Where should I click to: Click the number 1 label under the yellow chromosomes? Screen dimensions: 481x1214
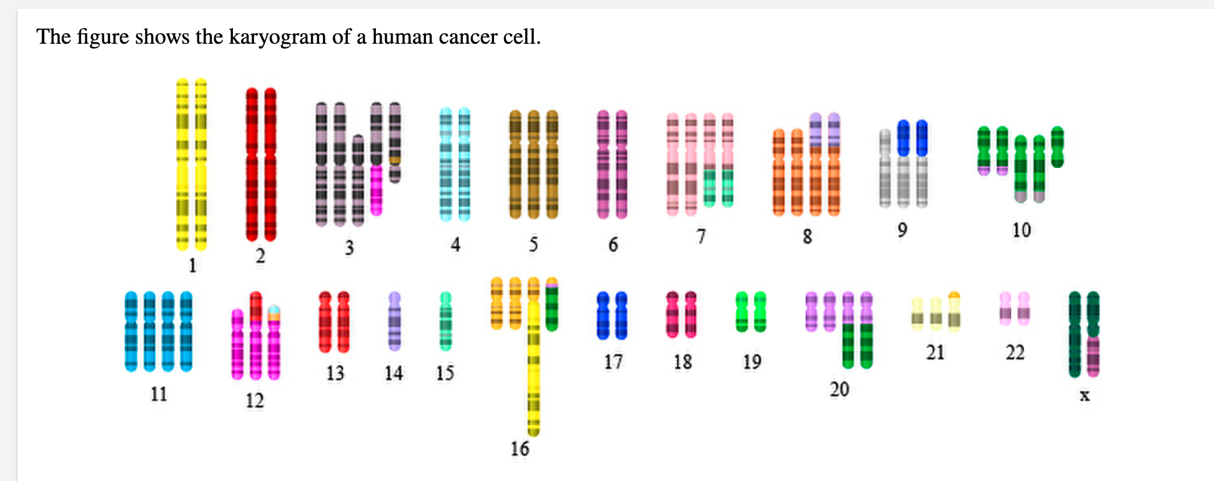[192, 265]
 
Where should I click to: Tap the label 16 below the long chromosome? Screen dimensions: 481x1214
[520, 449]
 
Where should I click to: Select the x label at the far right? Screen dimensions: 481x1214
[1085, 395]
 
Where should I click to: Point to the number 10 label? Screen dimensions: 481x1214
[1022, 230]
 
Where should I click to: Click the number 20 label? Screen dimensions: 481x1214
[839, 389]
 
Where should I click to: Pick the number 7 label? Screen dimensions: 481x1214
[701, 236]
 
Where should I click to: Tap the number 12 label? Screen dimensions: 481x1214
[255, 400]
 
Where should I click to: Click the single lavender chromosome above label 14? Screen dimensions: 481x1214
[395, 320]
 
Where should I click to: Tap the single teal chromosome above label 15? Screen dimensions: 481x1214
[445, 320]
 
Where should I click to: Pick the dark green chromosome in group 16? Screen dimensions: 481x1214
[552, 304]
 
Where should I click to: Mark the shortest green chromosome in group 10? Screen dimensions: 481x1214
[1057, 147]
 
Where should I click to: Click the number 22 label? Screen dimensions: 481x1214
[1015, 353]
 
